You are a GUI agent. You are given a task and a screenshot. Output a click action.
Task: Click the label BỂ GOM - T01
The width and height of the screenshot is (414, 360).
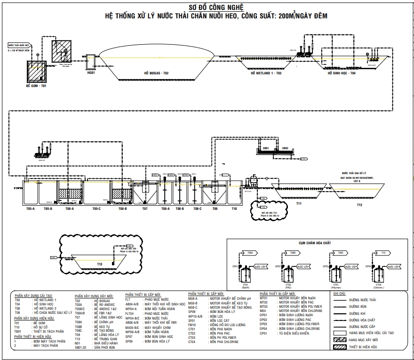coord(36,87)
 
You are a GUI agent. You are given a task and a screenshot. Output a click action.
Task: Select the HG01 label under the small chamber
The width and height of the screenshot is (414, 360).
coord(91,73)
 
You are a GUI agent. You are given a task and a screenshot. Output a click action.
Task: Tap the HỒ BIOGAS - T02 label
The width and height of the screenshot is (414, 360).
coord(156,73)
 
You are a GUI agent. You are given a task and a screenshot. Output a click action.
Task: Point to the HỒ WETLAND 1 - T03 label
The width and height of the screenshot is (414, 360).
coord(266,73)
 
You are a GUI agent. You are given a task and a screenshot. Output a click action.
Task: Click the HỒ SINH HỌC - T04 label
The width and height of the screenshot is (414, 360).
coord(342,73)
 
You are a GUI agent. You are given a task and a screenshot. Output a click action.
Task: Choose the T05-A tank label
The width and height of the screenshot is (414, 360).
coord(31,208)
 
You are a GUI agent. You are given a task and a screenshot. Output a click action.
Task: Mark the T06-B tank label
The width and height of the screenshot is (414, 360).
coord(122,208)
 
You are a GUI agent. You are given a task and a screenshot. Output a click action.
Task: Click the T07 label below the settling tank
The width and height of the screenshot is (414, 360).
coord(145,208)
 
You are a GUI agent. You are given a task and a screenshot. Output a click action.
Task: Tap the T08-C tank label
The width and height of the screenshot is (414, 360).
coord(198,208)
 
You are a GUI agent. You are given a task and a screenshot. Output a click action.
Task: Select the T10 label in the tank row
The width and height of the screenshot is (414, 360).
coord(234,208)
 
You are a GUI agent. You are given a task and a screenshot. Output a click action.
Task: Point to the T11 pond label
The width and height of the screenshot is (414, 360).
coord(299,204)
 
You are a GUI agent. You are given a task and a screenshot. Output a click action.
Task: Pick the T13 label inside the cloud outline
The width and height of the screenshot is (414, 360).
coord(100,264)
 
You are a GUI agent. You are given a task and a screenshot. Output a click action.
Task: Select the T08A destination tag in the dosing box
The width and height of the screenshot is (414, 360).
coord(250,253)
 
